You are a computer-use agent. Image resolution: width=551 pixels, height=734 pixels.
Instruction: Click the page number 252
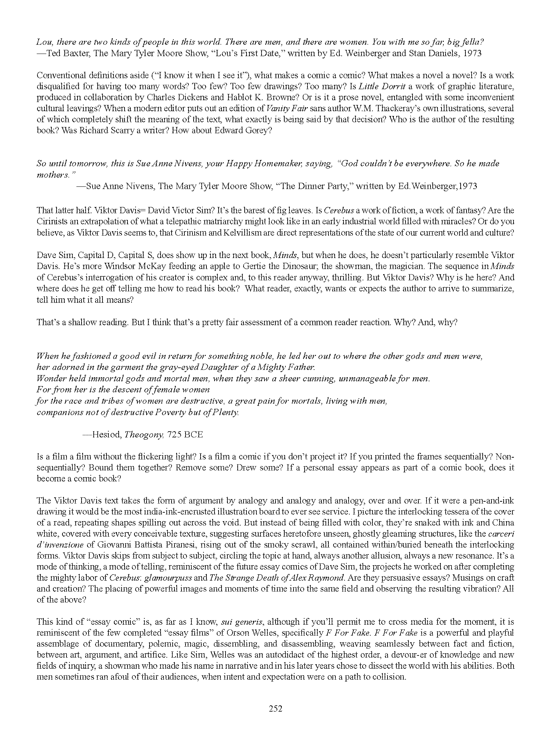pyautogui.click(x=275, y=709)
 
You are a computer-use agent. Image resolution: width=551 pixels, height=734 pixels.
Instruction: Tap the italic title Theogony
pyautogui.click(x=144, y=435)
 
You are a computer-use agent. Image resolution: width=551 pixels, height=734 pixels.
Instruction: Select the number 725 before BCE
pyautogui.click(x=174, y=435)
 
